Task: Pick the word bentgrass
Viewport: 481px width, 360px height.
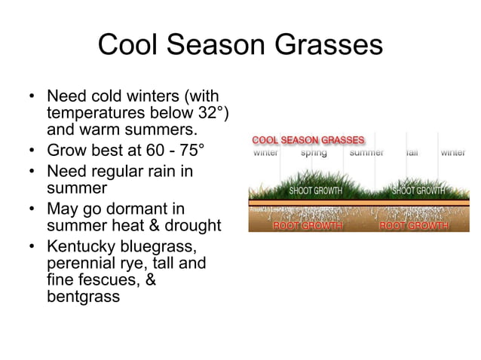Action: point(83,296)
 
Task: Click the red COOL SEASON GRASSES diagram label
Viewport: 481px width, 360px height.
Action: point(308,140)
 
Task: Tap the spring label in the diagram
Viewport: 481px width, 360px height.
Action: point(314,153)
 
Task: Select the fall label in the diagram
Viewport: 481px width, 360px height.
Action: point(412,153)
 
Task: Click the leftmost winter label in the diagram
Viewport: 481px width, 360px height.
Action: point(265,153)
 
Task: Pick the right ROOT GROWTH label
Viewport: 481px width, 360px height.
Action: point(414,225)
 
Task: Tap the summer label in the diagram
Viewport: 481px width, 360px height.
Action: point(366,153)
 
